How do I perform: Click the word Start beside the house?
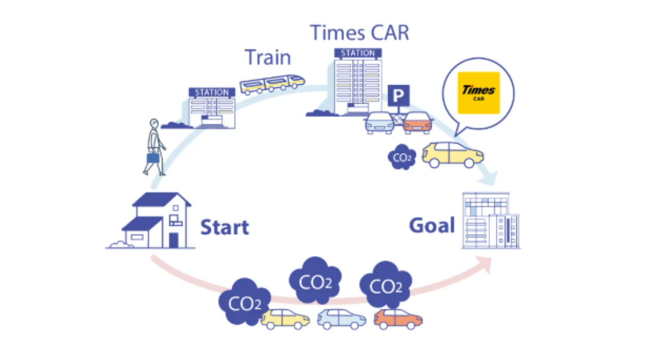pos(225,227)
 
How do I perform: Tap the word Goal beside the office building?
pos(432,226)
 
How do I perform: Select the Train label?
pos(268,57)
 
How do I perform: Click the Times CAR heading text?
pos(359,33)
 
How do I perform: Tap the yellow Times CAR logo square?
pos(479,93)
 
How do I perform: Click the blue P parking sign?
pos(399,95)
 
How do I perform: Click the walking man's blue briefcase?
pos(153,158)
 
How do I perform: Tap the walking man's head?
pos(154,123)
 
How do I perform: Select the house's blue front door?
pos(174,240)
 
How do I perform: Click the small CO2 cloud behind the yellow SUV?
pos(402,157)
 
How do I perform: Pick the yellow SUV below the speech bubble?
pos(452,155)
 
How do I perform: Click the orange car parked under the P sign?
pos(417,123)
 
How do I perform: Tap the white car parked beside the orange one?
pos(379,123)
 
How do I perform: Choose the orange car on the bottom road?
pos(398,319)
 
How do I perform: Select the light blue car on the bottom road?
pos(342,319)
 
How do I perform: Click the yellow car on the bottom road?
pos(285,319)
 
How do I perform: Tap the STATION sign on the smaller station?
pos(212,92)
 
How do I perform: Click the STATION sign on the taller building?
pos(358,53)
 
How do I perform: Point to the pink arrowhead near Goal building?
pos(486,264)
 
